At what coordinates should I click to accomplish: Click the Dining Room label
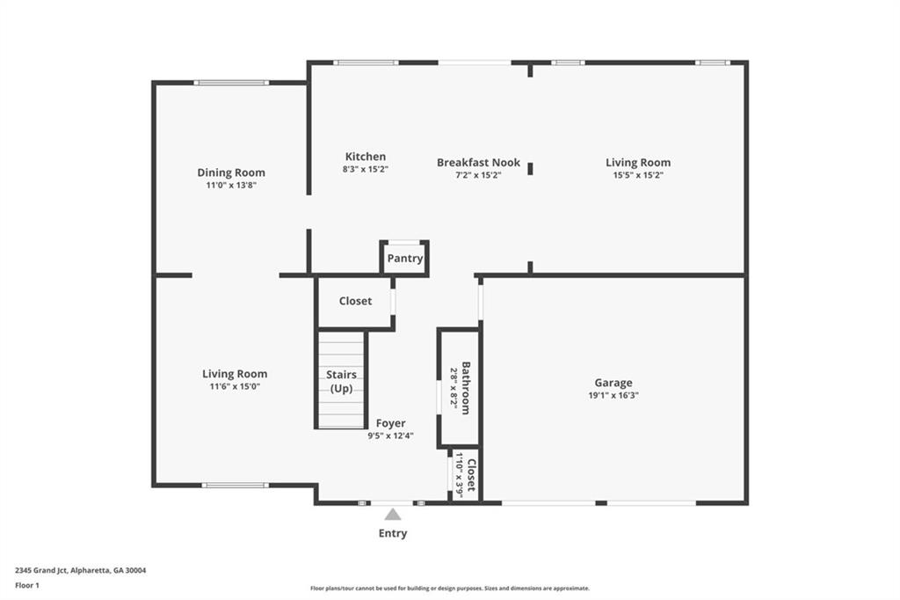click(230, 172)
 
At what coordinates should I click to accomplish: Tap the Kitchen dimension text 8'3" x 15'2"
click(365, 169)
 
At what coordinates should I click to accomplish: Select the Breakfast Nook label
click(478, 163)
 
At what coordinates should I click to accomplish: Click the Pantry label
click(405, 259)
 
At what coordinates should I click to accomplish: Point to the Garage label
click(613, 383)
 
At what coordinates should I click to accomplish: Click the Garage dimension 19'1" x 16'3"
click(613, 396)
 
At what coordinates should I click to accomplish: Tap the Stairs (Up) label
click(341, 381)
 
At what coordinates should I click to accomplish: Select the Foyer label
click(391, 423)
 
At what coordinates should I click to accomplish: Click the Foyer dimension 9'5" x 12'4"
click(390, 435)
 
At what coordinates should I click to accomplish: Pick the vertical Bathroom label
click(466, 387)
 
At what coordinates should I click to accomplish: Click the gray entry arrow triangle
click(393, 514)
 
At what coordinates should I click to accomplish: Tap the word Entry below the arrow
click(393, 533)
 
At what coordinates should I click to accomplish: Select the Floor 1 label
click(25, 585)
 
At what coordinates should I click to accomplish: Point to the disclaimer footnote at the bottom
click(449, 589)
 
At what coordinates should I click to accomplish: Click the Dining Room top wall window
click(231, 83)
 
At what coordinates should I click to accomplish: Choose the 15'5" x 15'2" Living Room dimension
click(637, 175)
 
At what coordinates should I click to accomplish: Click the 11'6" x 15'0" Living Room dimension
click(234, 386)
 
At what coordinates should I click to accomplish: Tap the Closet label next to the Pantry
click(355, 301)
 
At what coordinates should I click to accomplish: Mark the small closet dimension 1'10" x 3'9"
click(459, 474)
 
